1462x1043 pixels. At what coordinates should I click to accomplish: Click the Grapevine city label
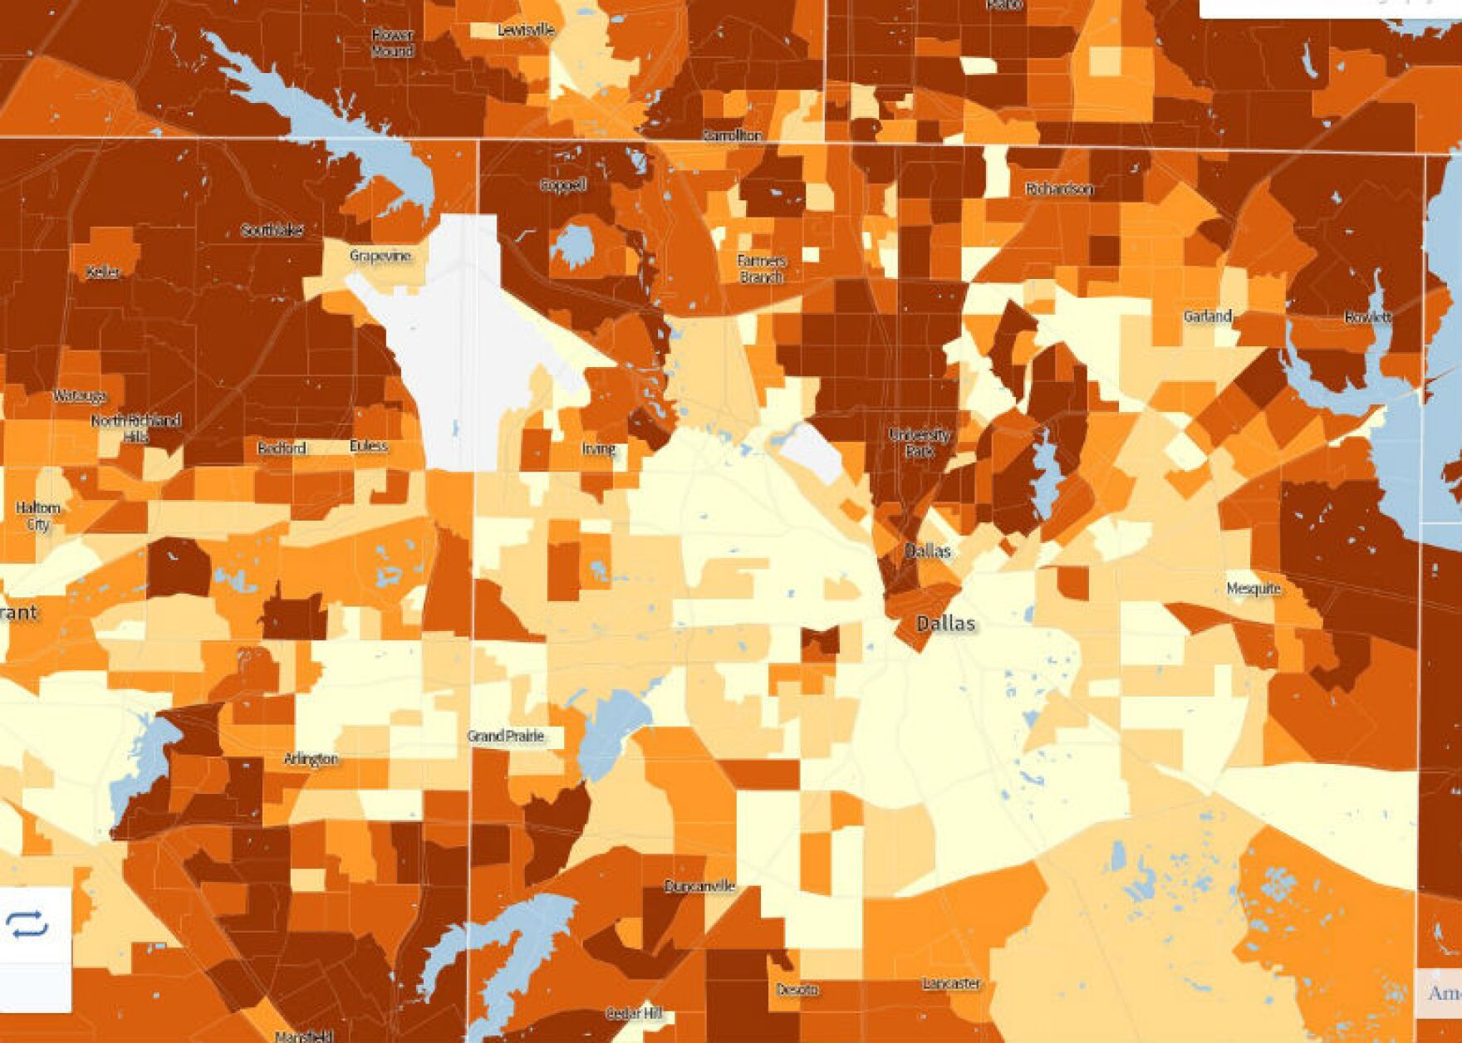coord(380,256)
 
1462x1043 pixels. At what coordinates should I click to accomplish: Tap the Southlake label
coord(272,230)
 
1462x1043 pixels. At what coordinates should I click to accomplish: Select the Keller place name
coord(103,272)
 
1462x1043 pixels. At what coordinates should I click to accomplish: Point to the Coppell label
coord(563,185)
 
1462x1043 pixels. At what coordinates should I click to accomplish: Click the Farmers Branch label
coord(761,268)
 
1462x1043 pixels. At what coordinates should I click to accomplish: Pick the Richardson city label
coord(1059,189)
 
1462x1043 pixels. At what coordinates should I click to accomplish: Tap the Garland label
coord(1207,316)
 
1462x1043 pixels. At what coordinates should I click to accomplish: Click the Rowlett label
coord(1367,317)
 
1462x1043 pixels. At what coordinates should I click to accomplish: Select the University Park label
coord(919,443)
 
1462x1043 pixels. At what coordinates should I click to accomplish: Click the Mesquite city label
coord(1253,589)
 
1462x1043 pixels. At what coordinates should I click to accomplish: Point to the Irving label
coord(598,449)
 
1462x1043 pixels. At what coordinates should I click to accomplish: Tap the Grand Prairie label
coord(506,736)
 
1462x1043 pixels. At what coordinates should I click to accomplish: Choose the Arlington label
coord(311,759)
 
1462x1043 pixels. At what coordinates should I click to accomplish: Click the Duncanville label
coord(699,886)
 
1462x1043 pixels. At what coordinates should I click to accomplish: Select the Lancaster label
coord(951,983)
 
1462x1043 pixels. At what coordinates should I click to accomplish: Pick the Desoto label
coord(797,990)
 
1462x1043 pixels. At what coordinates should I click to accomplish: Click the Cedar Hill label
coord(634,1013)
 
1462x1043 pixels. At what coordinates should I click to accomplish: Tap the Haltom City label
coord(38,516)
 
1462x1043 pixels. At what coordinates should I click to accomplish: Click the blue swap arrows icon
coord(27,924)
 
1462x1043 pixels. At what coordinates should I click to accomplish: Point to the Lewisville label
coord(526,30)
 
